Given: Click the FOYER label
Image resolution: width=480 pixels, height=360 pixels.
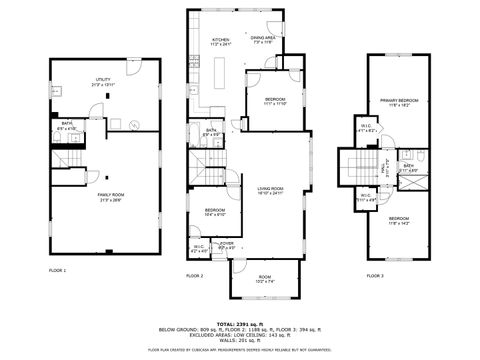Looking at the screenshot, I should click(x=227, y=242).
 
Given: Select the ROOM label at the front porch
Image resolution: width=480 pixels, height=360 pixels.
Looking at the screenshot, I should click(x=265, y=277).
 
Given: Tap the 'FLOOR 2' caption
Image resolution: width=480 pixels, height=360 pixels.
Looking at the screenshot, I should click(x=194, y=275).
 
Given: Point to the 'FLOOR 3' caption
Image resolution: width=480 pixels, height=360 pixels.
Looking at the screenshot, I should click(x=374, y=275).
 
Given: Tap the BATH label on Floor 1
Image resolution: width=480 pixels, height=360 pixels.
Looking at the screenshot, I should click(x=66, y=126).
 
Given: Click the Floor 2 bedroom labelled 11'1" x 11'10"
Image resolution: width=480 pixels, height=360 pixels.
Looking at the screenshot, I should click(x=275, y=100).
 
